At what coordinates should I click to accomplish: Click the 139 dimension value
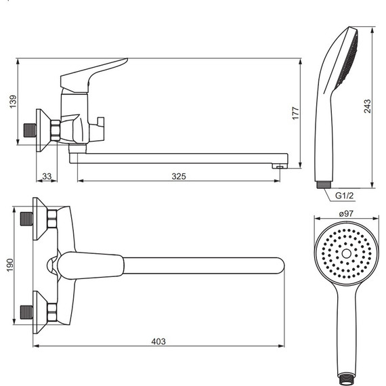coord(13,101)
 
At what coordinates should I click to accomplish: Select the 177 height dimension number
coord(295,113)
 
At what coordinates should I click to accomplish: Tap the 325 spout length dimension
coord(179,176)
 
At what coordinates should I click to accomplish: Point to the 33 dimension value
coord(47,176)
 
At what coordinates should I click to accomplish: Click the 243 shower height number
coord(367,106)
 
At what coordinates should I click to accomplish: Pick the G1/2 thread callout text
coord(345,196)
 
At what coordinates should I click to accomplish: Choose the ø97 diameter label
coord(346,213)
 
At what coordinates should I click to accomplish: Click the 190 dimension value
coord(10,265)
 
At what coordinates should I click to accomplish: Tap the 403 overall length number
coord(158,341)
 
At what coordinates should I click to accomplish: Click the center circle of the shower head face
coord(346,253)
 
